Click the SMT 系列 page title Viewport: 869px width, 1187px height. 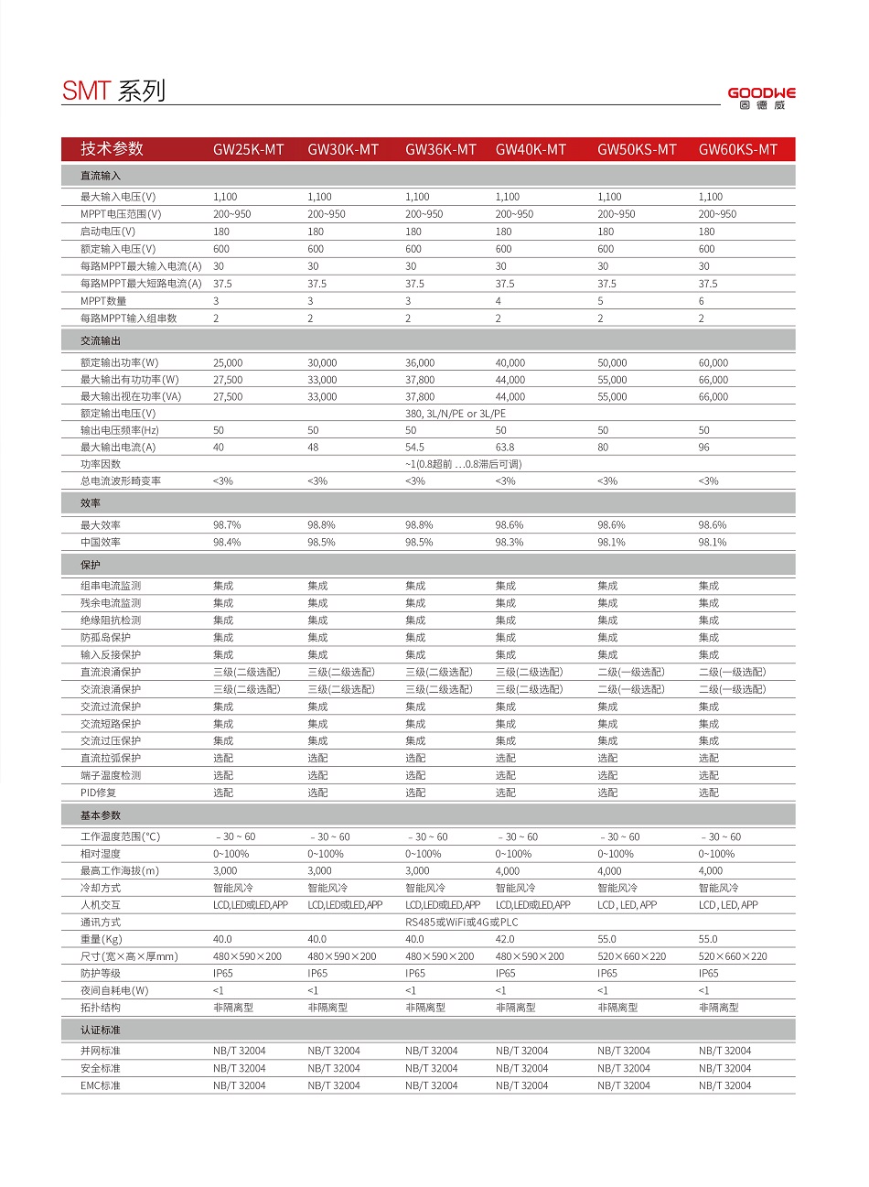click(x=113, y=91)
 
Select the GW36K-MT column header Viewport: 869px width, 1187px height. click(x=440, y=149)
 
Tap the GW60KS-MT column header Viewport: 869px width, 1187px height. click(x=737, y=149)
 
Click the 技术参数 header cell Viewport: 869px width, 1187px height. click(x=112, y=149)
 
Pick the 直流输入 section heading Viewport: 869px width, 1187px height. click(x=101, y=176)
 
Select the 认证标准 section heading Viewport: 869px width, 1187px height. click(x=101, y=1030)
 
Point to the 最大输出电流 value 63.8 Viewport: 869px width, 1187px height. click(x=505, y=448)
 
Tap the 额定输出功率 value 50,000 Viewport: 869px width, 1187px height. click(x=612, y=363)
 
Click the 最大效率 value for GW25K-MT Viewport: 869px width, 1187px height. click(x=227, y=525)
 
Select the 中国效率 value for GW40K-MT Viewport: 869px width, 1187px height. click(x=510, y=543)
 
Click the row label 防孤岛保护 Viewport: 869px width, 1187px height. click(x=105, y=638)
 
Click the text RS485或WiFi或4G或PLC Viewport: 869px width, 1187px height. click(x=461, y=923)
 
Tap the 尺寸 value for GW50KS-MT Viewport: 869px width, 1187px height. click(x=631, y=956)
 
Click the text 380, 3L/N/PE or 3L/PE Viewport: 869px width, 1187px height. click(x=456, y=414)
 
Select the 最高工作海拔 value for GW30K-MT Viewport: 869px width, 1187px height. click(x=319, y=871)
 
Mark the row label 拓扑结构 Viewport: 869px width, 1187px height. click(x=101, y=1008)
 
